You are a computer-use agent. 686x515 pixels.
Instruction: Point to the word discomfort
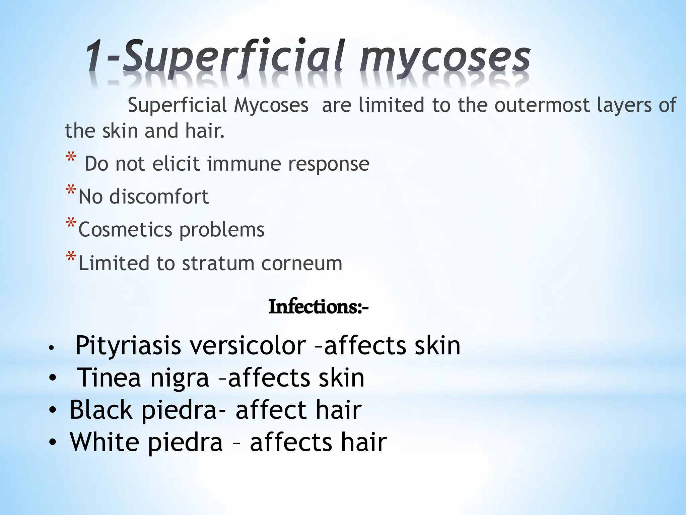[x=159, y=196]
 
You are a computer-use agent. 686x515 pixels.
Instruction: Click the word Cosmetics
[x=125, y=230]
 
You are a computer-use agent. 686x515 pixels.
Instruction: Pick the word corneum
[x=301, y=263]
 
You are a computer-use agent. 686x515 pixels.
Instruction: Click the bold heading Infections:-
[x=318, y=307]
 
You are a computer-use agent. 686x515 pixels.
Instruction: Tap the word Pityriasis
[x=128, y=346]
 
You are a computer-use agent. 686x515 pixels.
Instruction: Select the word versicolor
[x=248, y=346]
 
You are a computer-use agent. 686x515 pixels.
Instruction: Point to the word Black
[x=101, y=410]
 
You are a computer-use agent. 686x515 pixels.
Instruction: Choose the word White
[x=104, y=442]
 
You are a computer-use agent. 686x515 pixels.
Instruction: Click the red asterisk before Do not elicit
[x=71, y=157]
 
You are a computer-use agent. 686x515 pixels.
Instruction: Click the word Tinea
[x=109, y=378]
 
